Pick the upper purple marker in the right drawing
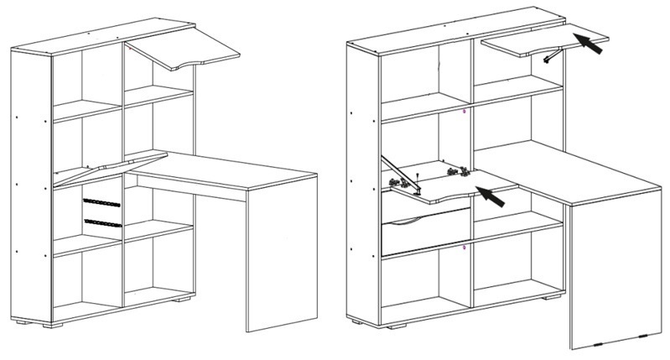click(465, 110)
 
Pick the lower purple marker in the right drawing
click(465, 248)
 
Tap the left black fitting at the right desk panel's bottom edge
click(595, 343)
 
